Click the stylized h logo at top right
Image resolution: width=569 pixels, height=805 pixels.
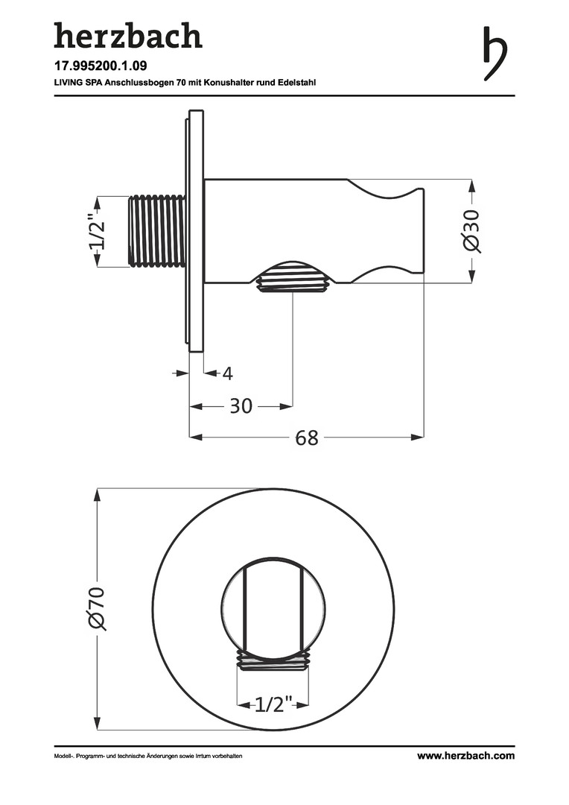495,53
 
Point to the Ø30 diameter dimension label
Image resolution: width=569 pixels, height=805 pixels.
472,230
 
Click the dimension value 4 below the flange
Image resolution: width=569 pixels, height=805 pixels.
228,373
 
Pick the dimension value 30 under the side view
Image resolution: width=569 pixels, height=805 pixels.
241,406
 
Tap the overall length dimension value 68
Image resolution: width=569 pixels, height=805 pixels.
307,438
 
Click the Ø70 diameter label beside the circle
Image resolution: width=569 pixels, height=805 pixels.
97,608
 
